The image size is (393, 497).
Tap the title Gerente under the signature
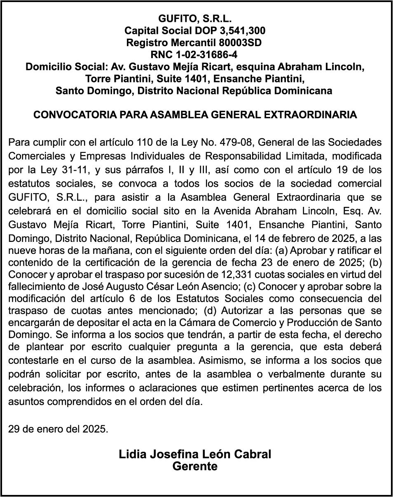pos(194,467)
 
